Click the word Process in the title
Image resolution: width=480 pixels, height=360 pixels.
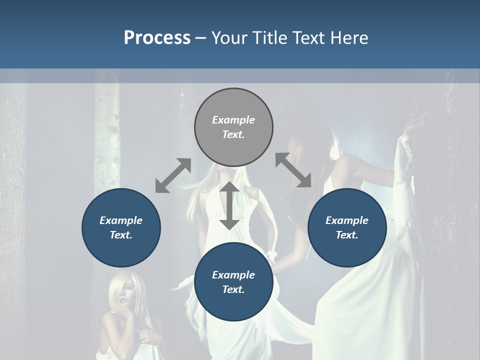157,38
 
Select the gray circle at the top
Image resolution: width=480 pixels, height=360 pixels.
233,127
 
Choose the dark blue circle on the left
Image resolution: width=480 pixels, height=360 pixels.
121,227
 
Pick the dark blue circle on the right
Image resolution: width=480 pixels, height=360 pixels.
347,227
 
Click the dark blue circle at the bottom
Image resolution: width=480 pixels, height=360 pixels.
233,282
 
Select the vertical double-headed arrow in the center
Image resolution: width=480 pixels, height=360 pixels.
229,205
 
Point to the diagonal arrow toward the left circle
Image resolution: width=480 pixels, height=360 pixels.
173,175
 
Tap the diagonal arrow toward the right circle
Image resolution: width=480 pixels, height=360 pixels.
293,170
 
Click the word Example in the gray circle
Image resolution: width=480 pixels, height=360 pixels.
233,120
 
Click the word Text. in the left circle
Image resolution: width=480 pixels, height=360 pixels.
121,235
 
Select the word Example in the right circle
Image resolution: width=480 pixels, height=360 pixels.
347,220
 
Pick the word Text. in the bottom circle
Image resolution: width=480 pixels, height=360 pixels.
233,289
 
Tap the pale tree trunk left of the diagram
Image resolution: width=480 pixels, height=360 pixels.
106,135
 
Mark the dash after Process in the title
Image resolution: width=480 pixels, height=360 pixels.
201,38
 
